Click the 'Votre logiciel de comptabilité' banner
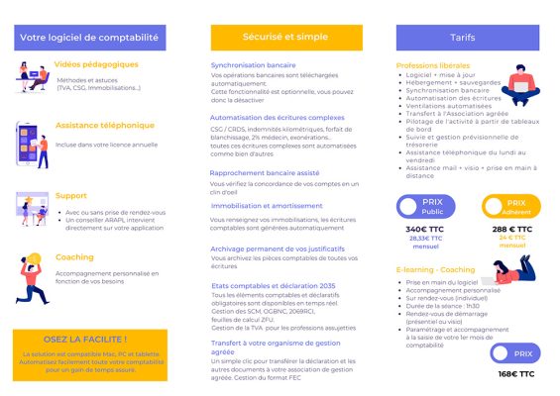pos(89,38)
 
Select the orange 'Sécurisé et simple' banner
pos(271,38)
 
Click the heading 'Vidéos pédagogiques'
pos(96,64)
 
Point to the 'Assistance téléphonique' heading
pos(105,126)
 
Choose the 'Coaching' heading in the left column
pos(75,256)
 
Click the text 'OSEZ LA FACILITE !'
pos(89,339)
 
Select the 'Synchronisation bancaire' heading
pos(253,65)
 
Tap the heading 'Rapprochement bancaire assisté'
pos(265,172)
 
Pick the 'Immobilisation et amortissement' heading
pos(265,205)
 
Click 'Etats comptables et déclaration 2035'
pos(273,285)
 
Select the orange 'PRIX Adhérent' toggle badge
pos(510,206)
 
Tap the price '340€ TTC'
pos(424,229)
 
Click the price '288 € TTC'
pos(511,229)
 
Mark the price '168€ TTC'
pos(515,374)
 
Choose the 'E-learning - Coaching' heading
pos(435,269)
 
